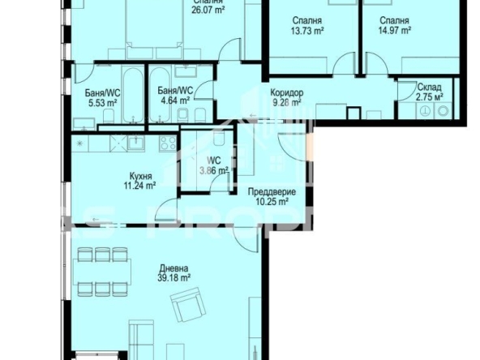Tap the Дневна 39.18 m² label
(174, 272)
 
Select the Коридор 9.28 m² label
(286, 97)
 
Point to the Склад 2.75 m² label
(429, 92)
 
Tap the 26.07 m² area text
(208, 11)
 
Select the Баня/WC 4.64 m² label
(174, 96)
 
